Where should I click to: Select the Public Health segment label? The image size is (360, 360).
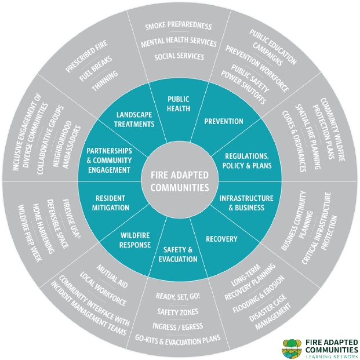[179, 104]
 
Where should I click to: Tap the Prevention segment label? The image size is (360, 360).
[224, 122]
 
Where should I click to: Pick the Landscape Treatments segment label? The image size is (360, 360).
[134, 119]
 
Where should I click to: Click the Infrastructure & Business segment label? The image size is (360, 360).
[242, 203]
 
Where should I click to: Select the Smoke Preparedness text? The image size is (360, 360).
[179, 27]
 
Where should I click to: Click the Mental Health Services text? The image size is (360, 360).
[179, 42]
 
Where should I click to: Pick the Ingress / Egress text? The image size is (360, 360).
[179, 326]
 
